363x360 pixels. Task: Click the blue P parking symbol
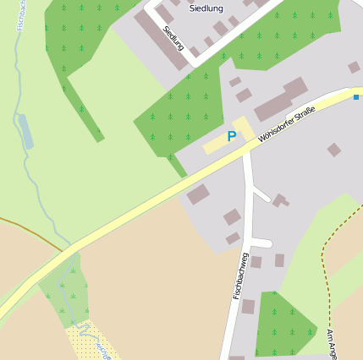[x=231, y=136]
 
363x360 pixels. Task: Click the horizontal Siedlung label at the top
[x=206, y=8]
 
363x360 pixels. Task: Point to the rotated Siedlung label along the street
[x=173, y=38]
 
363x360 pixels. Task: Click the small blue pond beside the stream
[x=26, y=132]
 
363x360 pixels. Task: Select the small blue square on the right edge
[x=356, y=98]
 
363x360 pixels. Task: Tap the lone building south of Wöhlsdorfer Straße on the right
[x=334, y=150]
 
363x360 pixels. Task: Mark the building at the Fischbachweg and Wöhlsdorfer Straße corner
[x=198, y=194]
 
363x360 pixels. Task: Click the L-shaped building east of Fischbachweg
[x=279, y=200]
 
